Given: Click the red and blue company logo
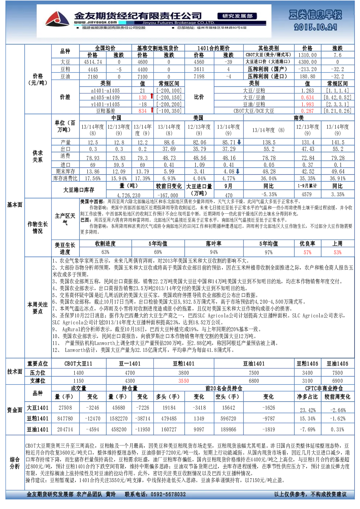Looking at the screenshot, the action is (57, 19).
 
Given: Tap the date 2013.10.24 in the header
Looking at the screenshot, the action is (315, 28).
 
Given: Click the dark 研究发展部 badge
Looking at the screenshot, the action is (237, 16).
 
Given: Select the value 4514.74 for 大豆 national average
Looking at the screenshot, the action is (93, 62).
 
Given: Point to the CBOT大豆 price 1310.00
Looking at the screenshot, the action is (307, 55).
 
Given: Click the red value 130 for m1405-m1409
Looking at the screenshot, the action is (143, 98).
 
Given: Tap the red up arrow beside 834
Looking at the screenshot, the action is (152, 110).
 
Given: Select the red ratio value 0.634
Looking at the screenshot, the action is (307, 98).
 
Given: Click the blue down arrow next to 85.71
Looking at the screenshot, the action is (239, 142).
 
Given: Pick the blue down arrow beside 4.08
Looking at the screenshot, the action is (238, 171).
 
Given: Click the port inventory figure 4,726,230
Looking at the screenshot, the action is (128, 195).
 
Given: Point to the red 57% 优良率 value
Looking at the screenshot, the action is (307, 252).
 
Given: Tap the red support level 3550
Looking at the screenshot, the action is (184, 381).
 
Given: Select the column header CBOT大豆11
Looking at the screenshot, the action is (78, 364).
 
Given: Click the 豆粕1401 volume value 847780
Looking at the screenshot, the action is (65, 418).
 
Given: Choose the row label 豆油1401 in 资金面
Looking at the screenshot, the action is (38, 430).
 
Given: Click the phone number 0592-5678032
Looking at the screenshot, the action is (168, 494).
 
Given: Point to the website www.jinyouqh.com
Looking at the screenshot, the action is (95, 22).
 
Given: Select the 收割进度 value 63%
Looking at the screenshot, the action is (105, 252).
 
